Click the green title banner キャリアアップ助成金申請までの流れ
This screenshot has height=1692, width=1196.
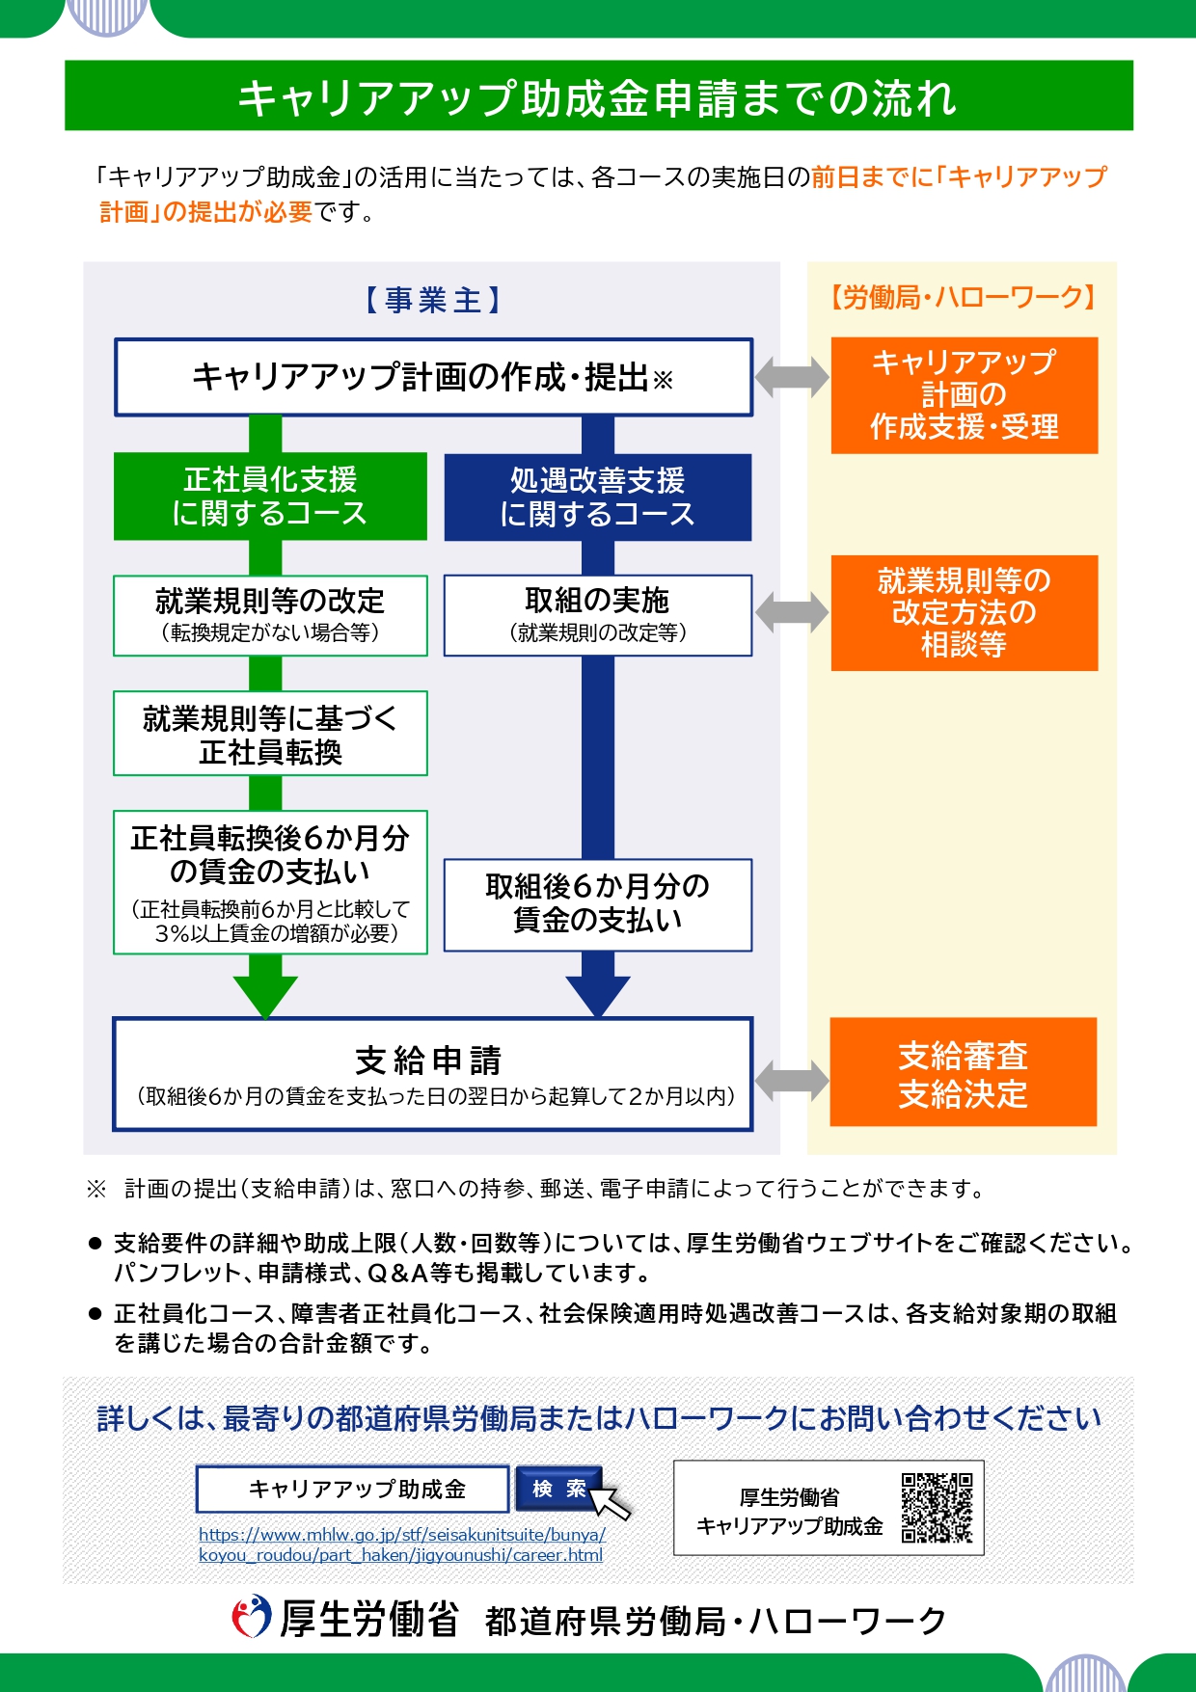[598, 96]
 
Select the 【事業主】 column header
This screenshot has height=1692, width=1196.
[433, 301]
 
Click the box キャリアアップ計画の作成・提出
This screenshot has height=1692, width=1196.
[433, 377]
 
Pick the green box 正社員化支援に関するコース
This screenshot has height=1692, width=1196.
[270, 497]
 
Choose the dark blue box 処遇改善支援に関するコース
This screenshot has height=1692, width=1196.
[597, 497]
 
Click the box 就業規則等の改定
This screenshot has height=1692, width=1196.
[270, 615]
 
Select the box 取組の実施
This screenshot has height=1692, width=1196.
[597, 615]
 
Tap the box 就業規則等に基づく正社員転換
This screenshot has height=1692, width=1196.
[270, 734]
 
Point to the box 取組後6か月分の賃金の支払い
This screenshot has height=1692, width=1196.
[597, 904]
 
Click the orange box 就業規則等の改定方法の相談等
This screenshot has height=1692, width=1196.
[964, 613]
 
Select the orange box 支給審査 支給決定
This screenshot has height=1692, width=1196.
[963, 1072]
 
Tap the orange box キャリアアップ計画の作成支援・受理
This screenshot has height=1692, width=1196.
[964, 395]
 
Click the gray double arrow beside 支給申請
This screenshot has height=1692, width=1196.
[791, 1079]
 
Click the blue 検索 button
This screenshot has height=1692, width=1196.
[558, 1490]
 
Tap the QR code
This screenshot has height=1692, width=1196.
[937, 1508]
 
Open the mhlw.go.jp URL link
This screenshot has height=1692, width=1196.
[401, 1544]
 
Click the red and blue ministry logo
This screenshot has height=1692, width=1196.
[252, 1617]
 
